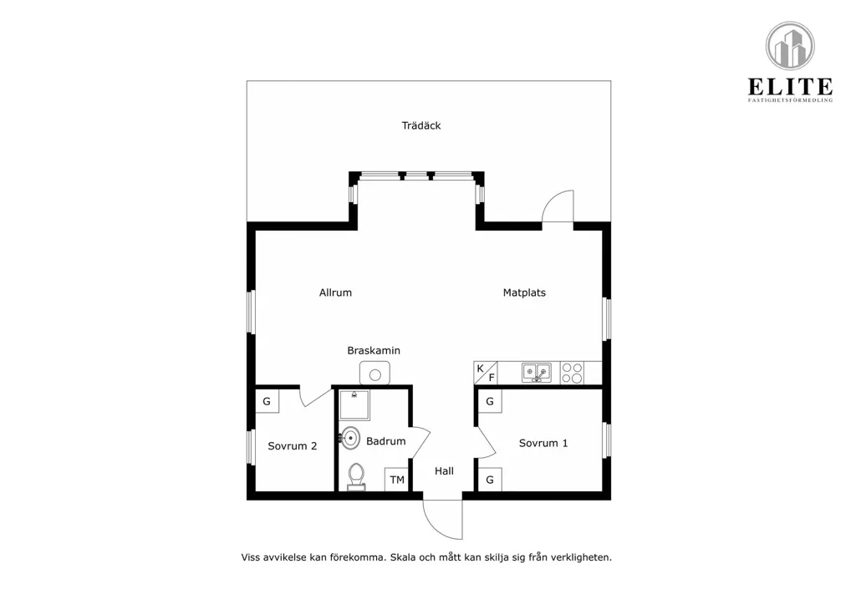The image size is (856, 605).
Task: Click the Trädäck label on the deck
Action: [x=421, y=125]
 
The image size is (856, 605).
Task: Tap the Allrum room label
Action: [x=335, y=292]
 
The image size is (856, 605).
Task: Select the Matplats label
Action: [x=524, y=292]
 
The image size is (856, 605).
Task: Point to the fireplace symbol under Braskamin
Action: [x=374, y=374]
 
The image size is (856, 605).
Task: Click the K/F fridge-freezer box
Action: [x=486, y=373]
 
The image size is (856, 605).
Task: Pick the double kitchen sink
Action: [x=537, y=373]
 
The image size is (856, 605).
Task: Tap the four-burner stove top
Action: [x=572, y=373]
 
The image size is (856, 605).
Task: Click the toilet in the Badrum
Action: [x=356, y=477]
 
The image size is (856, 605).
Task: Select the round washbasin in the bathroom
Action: [x=350, y=438]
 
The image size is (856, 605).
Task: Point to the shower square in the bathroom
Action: [x=354, y=404]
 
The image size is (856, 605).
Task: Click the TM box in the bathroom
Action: [x=397, y=480]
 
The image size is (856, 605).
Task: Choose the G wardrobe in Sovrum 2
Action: [x=267, y=401]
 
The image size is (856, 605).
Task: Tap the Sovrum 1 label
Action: [x=543, y=443]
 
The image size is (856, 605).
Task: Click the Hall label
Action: [x=444, y=470]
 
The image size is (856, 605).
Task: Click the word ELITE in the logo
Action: [x=790, y=87]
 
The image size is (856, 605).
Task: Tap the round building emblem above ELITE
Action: [x=790, y=46]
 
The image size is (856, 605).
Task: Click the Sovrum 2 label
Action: [x=292, y=445]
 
